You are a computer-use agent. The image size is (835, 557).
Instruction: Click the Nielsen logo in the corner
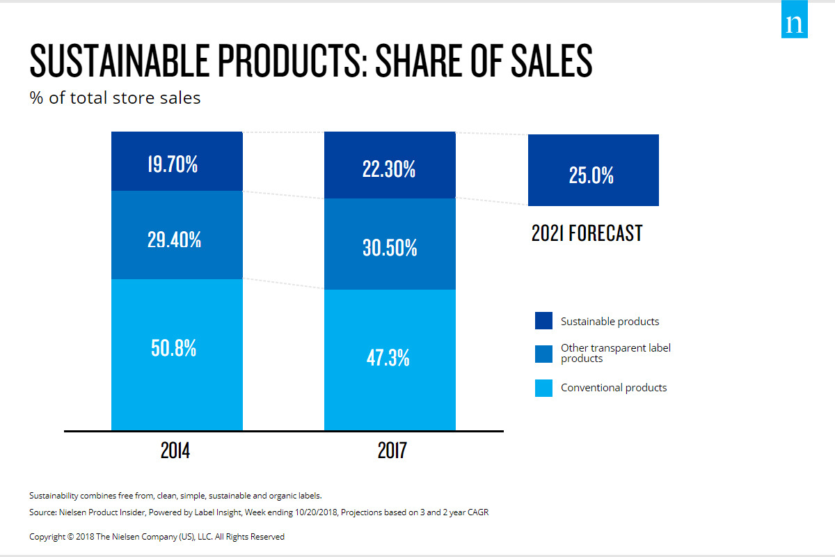pos(794,24)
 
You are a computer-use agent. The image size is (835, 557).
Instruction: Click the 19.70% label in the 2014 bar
pos(173,165)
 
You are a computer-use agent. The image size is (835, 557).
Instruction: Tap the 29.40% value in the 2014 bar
pos(175,240)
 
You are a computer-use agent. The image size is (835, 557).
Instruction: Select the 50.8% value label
pos(174,348)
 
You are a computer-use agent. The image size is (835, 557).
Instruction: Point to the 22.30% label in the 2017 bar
pos(389,169)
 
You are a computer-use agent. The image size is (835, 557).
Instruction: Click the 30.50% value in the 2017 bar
pos(390,248)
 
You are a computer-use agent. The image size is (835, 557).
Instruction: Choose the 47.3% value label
pos(388,358)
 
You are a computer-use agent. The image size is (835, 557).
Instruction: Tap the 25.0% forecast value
pos(591,175)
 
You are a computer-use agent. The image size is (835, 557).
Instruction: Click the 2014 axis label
pos(175,451)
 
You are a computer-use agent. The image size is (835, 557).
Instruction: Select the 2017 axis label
pos(392,451)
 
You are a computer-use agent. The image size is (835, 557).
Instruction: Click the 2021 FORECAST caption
pos(587,233)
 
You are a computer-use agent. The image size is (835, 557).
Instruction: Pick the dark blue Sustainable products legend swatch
pos(543,321)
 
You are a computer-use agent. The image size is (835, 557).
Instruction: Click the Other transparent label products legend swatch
pos(543,354)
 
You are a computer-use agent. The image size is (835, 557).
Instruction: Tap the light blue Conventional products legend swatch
pos(543,388)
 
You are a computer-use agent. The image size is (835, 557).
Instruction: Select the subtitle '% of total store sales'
pos(115,97)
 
